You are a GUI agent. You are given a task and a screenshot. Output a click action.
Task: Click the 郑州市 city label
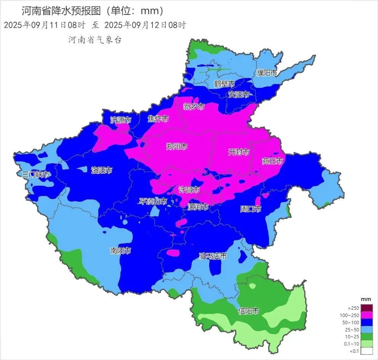pos(177,147)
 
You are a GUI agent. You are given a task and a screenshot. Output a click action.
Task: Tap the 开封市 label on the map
pos(239,152)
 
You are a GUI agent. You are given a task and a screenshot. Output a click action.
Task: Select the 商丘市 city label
pos(272,161)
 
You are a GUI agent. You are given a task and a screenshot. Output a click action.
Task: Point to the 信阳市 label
pos(248,311)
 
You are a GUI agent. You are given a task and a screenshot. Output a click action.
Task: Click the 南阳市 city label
pos(120,251)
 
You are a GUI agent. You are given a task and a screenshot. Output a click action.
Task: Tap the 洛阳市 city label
pos(102,170)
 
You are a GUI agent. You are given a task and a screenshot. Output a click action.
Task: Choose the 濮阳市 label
pos(266,73)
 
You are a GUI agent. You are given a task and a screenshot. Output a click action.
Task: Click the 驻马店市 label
pos(213,256)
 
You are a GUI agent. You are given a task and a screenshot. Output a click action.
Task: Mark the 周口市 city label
pos(250,209)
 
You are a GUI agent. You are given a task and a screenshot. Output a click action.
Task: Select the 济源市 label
pos(120,120)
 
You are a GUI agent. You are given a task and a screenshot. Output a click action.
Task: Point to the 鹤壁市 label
pos(224,84)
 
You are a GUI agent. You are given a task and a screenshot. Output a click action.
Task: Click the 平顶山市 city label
pos(153,201)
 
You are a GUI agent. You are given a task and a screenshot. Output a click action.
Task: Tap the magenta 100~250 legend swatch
pos(367,315)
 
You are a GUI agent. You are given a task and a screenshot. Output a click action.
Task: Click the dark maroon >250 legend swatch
pos(367,308)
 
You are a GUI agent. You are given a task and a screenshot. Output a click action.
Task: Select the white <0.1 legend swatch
pos(367,351)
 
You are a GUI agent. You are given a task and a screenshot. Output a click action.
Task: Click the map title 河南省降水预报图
pos(61,10)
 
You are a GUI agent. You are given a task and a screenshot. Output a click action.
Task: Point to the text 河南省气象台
pos(95,40)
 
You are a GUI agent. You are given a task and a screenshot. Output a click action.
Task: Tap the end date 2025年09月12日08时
pos(145,25)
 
